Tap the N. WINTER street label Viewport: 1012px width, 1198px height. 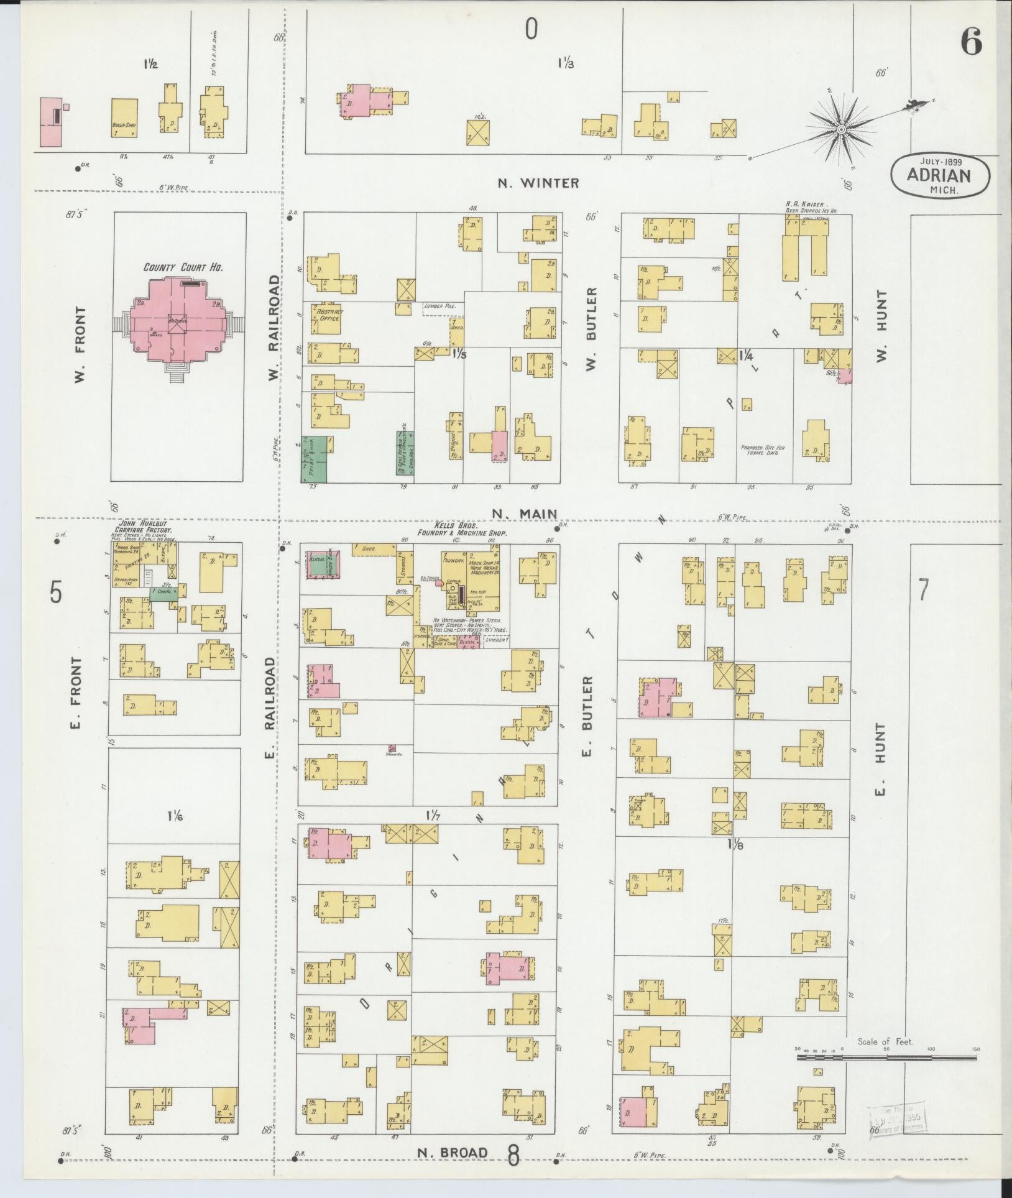pos(538,183)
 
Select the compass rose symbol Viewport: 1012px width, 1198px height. pos(840,129)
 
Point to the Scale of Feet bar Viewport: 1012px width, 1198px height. pos(886,1056)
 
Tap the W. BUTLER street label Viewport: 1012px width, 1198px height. pos(591,329)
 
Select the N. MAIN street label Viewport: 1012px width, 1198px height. pos(523,514)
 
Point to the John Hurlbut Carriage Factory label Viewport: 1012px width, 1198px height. pos(144,528)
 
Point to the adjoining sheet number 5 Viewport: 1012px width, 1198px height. pos(56,592)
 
